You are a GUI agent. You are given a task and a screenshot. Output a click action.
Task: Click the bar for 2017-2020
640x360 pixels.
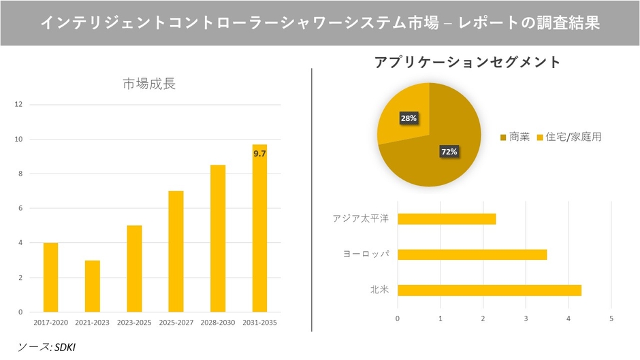click(x=51, y=277)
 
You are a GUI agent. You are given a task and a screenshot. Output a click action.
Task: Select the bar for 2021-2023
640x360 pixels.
click(x=93, y=286)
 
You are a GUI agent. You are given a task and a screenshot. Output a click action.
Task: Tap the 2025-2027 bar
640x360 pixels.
click(x=176, y=251)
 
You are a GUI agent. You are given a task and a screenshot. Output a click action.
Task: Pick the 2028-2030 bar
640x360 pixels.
click(x=218, y=238)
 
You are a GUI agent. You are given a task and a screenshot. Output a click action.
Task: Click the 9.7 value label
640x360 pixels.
click(x=259, y=154)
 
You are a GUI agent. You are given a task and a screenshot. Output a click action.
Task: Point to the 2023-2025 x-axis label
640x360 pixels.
click(x=134, y=321)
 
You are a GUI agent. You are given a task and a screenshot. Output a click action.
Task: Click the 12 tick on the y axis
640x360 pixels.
click(x=19, y=105)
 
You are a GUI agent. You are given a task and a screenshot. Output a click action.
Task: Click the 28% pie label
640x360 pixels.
click(x=409, y=118)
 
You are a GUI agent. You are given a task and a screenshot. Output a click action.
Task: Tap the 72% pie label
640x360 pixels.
click(x=449, y=152)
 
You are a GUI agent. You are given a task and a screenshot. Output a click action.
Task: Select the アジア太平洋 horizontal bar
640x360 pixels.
click(x=447, y=219)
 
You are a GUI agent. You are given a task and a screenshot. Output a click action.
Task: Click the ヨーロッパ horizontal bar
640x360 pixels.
click(x=472, y=255)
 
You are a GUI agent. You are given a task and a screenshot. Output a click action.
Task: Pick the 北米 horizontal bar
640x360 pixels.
click(x=489, y=291)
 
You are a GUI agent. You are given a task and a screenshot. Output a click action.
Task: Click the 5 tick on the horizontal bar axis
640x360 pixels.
click(x=611, y=318)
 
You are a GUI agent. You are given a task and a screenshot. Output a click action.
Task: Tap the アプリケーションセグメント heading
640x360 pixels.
click(x=467, y=62)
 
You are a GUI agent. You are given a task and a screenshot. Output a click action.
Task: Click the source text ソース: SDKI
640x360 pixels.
click(x=47, y=347)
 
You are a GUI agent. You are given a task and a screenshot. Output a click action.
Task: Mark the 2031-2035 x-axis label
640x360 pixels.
click(x=259, y=321)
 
